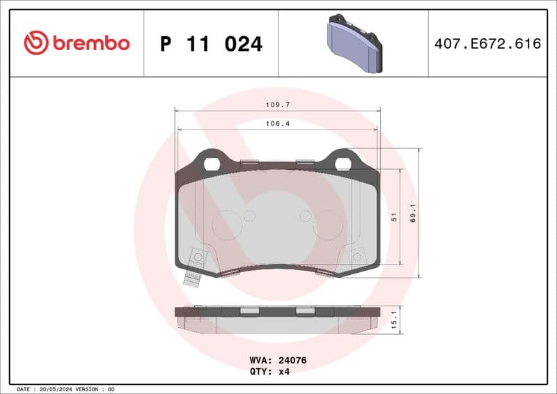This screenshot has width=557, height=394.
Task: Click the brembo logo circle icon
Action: point(36,43)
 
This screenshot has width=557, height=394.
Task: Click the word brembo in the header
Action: point(89,43)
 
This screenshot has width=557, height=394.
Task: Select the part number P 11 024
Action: point(211,44)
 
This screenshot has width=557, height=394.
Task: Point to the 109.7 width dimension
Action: point(277,104)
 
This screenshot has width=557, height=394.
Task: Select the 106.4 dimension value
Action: point(277,123)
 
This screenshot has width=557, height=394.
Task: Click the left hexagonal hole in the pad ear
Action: point(212,164)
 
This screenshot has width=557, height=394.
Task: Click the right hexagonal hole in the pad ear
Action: point(343,164)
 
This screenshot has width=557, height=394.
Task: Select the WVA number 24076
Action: point(292,361)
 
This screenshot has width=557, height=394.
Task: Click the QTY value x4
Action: point(283,372)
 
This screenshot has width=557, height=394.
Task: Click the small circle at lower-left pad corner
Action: point(198,258)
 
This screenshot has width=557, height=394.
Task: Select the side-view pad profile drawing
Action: point(277,319)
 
